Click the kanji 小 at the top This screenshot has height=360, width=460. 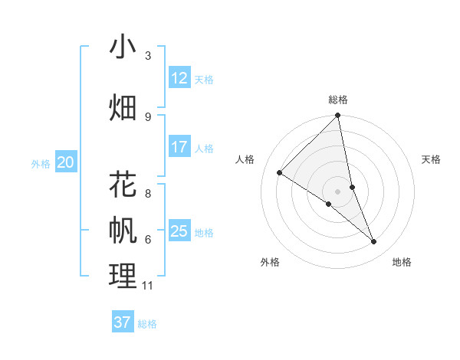click(123, 47)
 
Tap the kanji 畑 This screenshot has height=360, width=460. click(123, 108)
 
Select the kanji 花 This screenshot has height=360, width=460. click(123, 185)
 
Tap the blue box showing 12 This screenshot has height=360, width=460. click(179, 78)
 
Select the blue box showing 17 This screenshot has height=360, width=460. click(179, 147)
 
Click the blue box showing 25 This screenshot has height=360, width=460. click(179, 231)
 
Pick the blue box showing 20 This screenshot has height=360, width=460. click(66, 162)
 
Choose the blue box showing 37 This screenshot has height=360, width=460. click(123, 322)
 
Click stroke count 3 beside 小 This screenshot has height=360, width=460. click(148, 56)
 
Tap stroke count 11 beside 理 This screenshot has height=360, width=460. click(148, 286)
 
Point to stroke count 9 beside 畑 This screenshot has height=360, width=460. click(148, 116)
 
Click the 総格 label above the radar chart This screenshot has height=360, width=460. click(338, 100)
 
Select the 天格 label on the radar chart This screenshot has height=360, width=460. click(431, 159)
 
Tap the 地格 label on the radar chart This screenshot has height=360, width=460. click(402, 262)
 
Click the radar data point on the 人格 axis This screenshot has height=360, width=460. click(280, 173)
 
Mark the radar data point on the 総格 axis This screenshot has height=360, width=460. click(338, 116)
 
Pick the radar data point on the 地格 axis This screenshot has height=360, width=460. click(374, 241)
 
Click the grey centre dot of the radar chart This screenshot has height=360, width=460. click(338, 191)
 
